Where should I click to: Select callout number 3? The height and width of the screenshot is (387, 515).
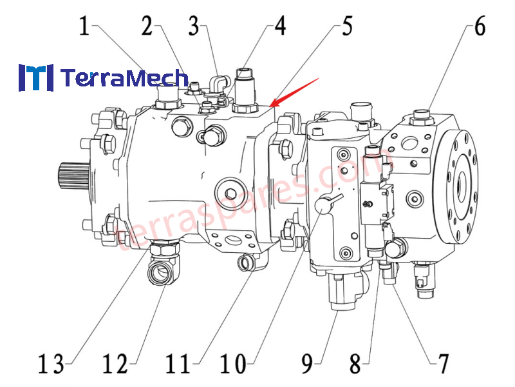point(194,26)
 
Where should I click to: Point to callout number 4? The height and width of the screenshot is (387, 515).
point(279,26)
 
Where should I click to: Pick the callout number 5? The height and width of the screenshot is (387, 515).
point(347,26)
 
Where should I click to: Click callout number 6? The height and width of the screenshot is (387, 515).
point(479,26)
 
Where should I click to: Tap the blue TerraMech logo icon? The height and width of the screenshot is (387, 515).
point(35,77)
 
